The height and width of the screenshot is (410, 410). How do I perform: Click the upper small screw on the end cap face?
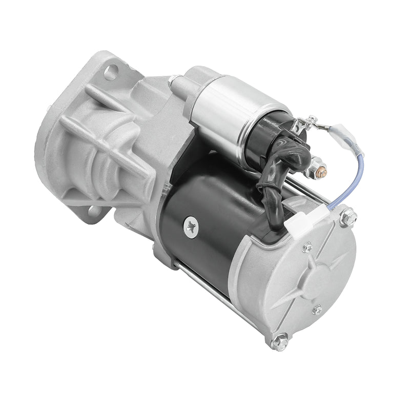coord(307,248)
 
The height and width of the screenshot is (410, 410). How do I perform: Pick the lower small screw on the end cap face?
coord(318,310)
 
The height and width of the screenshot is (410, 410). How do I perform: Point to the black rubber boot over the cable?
coord(279,164)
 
